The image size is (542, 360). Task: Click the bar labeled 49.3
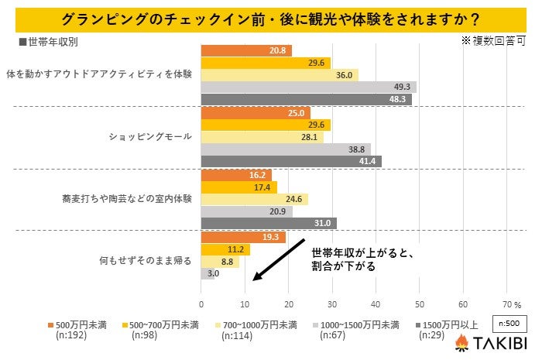(308, 87)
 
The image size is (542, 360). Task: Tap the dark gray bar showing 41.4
(291, 161)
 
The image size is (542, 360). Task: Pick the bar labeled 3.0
(208, 273)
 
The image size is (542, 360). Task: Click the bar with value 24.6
(255, 200)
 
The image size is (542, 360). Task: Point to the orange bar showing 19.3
(243, 237)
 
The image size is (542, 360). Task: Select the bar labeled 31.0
(269, 224)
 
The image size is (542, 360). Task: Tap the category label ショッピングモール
(153, 137)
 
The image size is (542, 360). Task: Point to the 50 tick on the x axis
(420, 303)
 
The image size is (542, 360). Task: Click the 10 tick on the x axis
(245, 303)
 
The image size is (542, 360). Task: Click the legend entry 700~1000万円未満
(259, 324)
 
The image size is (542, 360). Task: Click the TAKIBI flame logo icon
(461, 342)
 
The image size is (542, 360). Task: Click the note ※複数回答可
(493, 39)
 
